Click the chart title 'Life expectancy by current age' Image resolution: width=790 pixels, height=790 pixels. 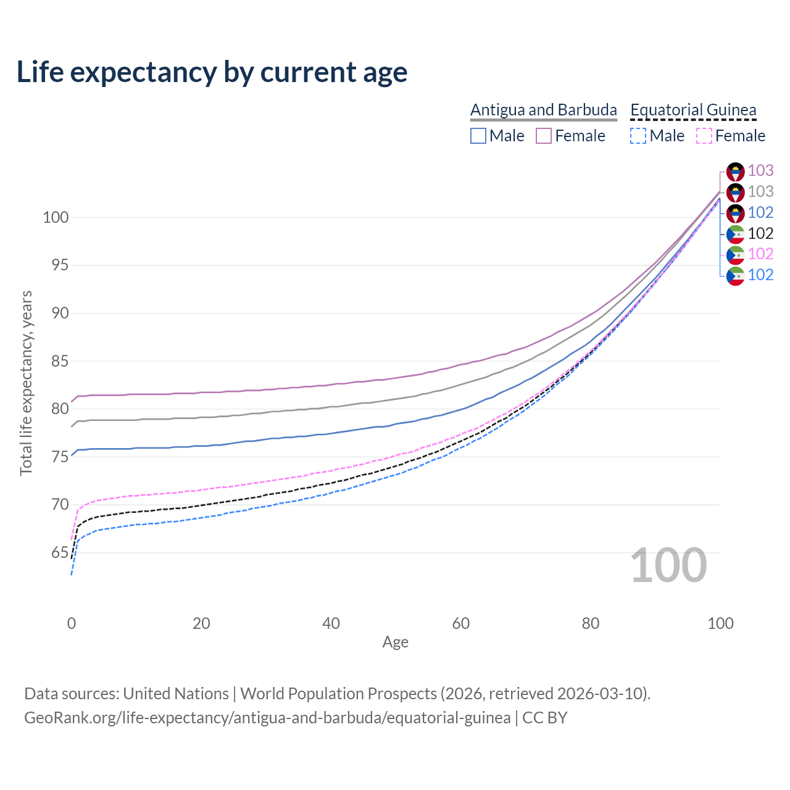point(212,72)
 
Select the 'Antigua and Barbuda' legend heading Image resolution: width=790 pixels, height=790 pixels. point(543,110)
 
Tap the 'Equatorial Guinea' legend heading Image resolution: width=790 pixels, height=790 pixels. point(693,110)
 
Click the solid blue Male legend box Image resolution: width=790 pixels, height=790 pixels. point(478,136)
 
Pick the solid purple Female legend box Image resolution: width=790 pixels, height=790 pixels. point(544,136)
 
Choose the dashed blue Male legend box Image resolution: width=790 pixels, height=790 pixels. point(638,136)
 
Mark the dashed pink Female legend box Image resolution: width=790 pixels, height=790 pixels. point(704,136)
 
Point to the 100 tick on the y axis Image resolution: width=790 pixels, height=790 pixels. point(56,217)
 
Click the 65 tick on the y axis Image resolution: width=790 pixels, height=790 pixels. point(60,552)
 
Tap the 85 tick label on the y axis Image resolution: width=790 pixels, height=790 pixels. point(60,361)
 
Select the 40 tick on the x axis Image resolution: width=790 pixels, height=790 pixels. point(331,623)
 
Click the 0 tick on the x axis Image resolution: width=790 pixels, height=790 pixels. point(72,623)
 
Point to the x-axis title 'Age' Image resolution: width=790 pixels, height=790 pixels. point(395,642)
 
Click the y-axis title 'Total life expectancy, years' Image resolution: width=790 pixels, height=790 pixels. point(26,383)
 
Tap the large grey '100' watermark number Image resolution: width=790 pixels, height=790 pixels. point(668,565)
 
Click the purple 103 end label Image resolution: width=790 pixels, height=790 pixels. point(760,170)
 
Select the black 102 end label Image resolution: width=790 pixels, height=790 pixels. point(760,233)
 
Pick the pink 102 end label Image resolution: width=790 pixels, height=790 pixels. point(760,254)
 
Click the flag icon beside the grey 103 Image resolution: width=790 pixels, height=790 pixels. point(735,192)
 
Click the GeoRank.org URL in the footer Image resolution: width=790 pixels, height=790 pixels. point(267,718)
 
